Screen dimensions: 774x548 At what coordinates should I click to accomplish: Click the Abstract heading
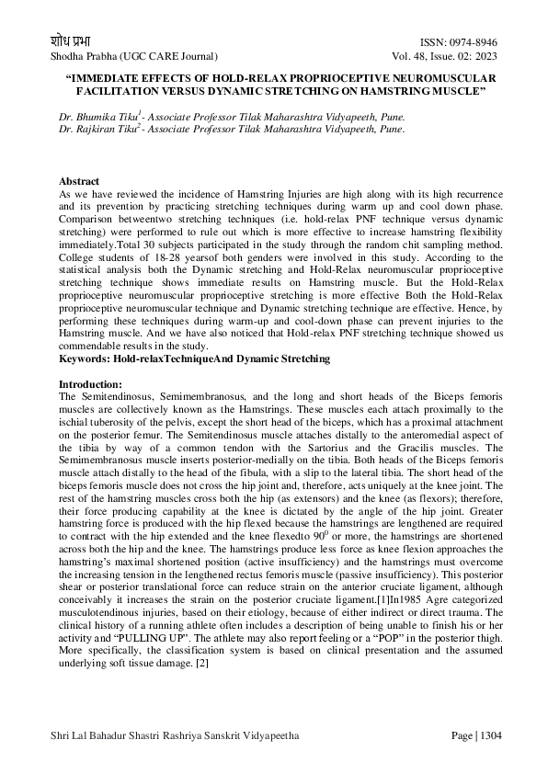coord(78,182)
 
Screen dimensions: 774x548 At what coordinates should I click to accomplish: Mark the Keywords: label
coord(85,358)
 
